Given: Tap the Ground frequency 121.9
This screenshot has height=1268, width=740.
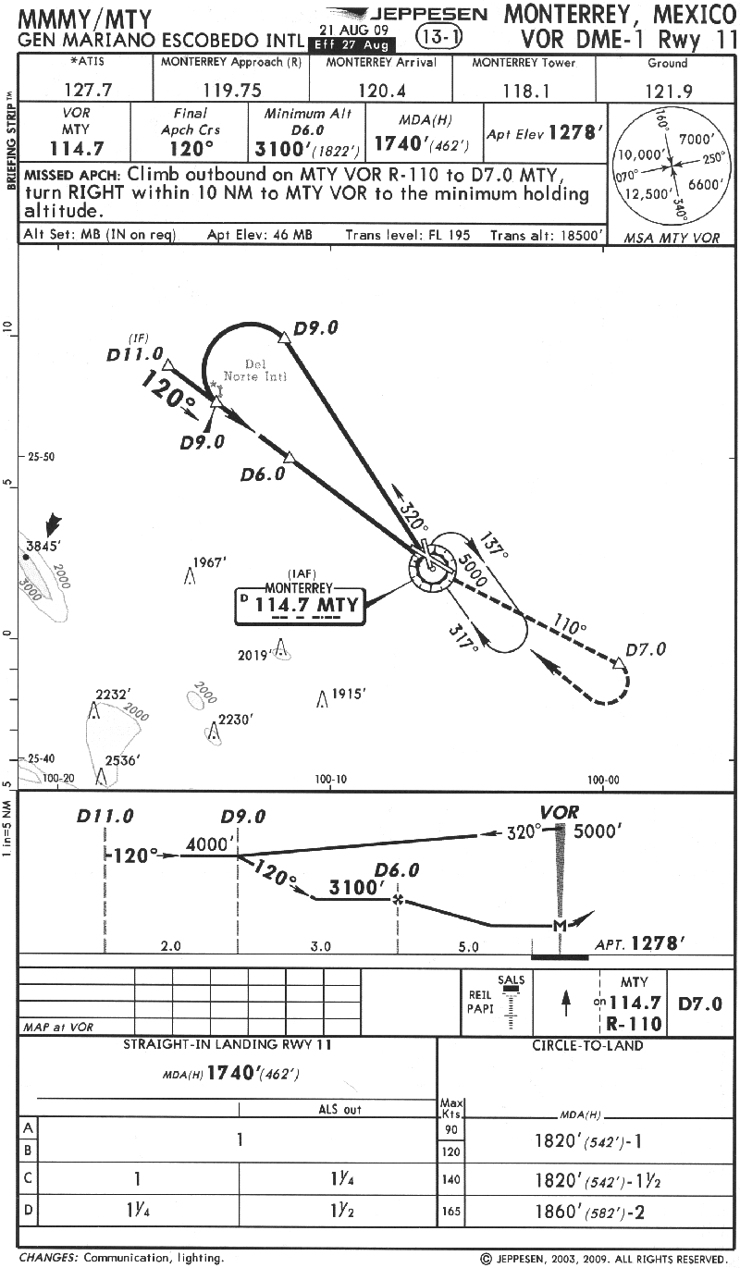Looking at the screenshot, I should (x=667, y=91).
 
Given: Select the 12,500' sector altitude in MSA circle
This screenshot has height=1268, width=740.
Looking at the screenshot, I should (x=644, y=194).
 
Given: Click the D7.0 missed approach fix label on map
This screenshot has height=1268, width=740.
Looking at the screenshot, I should (x=645, y=649).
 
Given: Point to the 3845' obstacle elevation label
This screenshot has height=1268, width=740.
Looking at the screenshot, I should (x=43, y=546).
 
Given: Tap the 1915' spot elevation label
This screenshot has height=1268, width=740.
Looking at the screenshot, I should (x=351, y=694).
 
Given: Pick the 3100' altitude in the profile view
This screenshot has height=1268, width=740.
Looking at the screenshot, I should (x=356, y=888).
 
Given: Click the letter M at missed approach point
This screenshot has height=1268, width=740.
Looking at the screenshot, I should (x=559, y=926).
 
